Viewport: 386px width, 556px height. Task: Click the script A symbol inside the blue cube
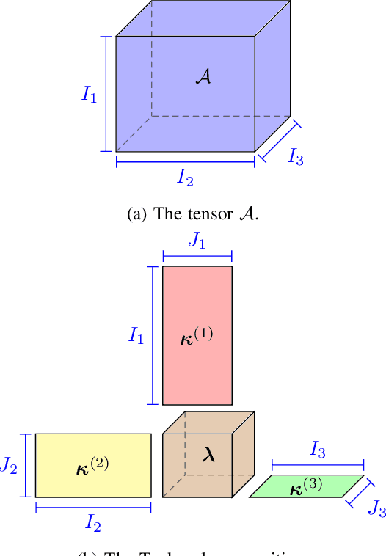coord(203,76)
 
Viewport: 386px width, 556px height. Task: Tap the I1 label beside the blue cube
coord(89,94)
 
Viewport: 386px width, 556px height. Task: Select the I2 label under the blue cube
coord(186,177)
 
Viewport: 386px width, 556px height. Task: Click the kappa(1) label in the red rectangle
coord(197,337)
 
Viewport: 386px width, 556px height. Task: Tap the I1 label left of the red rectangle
coord(136,336)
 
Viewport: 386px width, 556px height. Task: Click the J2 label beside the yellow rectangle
coord(8,465)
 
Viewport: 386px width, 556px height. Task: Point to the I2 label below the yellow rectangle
coord(93,522)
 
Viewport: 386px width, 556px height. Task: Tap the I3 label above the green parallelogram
coord(317,450)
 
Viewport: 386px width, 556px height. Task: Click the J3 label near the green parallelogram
coord(377,508)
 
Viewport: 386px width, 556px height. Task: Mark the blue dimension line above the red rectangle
coord(197,255)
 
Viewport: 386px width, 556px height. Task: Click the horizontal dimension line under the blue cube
coord(186,163)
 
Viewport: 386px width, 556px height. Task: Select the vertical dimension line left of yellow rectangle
coord(26,465)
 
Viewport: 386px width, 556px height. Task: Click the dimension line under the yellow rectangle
coord(93,508)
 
